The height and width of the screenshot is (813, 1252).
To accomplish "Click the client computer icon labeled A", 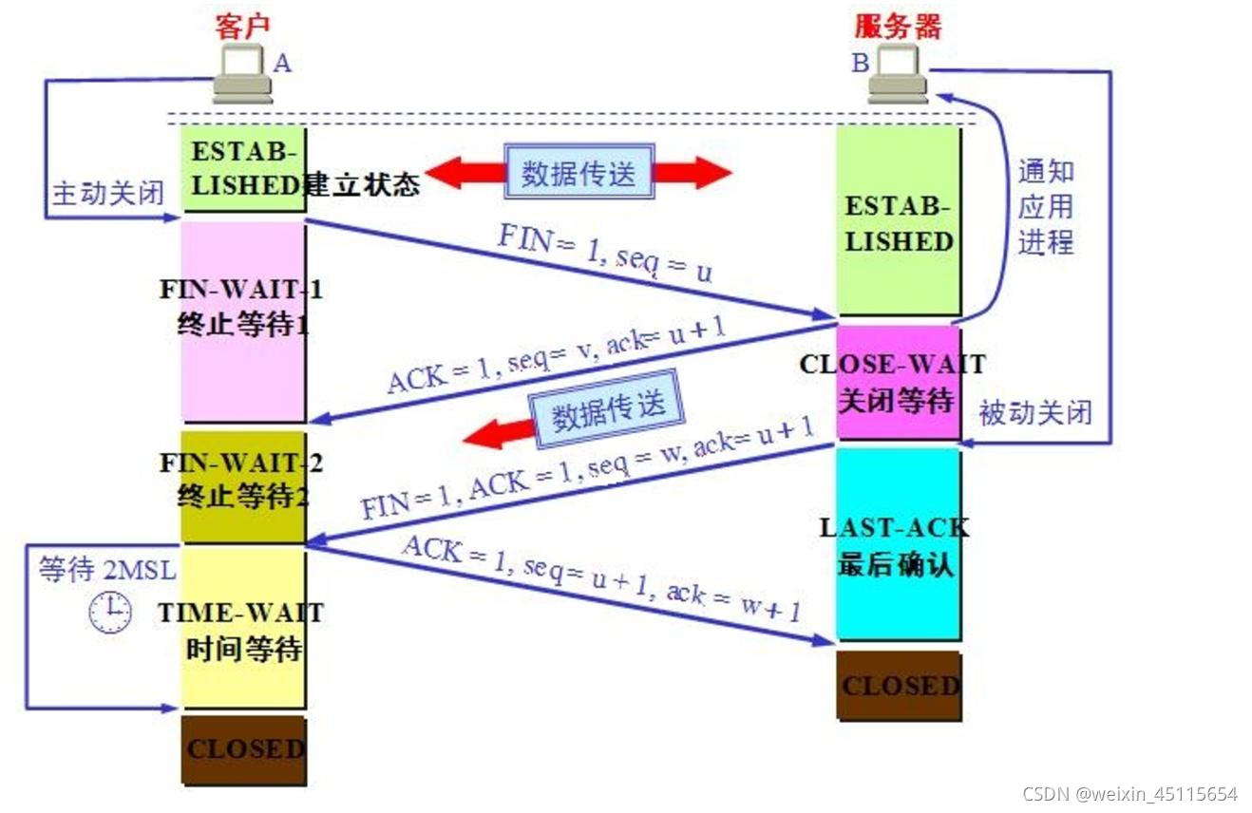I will tap(242, 75).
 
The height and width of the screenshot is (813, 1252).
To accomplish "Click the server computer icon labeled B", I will tap(897, 75).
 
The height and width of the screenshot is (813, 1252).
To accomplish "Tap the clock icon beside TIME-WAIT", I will tap(110, 612).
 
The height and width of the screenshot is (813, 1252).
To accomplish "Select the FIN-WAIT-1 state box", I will tap(243, 321).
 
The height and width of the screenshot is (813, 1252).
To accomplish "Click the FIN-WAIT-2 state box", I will tap(243, 486).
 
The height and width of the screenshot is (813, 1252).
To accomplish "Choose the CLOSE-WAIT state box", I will tap(897, 383).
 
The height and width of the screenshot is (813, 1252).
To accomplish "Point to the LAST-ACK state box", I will tap(897, 544).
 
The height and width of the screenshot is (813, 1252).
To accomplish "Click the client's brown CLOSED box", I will tap(243, 749).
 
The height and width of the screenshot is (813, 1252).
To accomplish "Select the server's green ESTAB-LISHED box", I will tap(897, 222).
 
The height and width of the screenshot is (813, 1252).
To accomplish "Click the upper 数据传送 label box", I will tap(579, 173).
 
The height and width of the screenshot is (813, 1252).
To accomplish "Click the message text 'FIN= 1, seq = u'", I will tap(604, 255).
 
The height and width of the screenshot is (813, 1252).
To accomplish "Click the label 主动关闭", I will tap(107, 193).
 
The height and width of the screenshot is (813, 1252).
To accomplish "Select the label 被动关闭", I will tap(1034, 413).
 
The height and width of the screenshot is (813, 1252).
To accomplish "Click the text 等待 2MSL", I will tap(107, 570).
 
